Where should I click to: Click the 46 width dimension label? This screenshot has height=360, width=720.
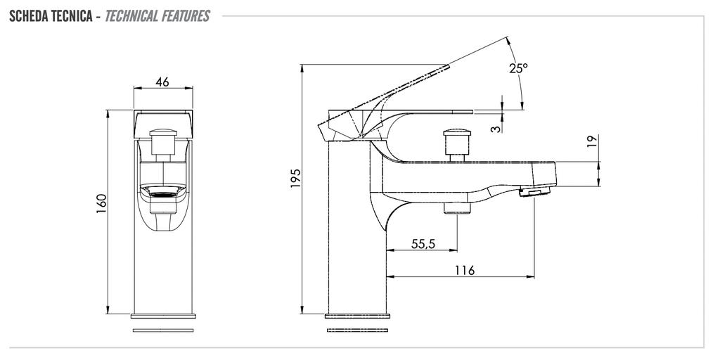click(162, 82)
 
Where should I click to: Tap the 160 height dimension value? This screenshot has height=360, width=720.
click(101, 203)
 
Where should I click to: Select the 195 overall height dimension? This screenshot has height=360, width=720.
click(296, 178)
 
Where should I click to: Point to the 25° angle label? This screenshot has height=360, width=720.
click(518, 68)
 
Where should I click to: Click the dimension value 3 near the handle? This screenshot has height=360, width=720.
click(496, 129)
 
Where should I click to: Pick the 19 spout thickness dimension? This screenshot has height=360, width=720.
click(592, 141)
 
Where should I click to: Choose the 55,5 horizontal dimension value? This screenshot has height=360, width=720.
click(423, 244)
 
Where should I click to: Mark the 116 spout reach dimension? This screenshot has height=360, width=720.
click(465, 271)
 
